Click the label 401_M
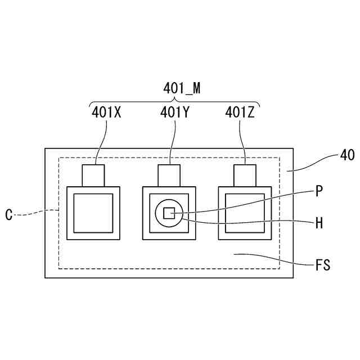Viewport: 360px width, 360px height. coord(182,88)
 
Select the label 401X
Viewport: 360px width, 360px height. coord(106,112)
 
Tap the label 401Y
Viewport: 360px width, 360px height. coord(174,112)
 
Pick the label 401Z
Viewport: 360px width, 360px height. coord(240,112)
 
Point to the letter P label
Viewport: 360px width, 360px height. coord(319,191)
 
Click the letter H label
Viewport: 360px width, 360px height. coord(319,223)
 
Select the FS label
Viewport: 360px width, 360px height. coord(323,264)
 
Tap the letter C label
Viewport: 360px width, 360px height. coord(9,214)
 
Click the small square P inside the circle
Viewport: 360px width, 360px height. coord(169,213)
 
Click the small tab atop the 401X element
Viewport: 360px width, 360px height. coord(93,175)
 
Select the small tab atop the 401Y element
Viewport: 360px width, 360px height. coord(169,175)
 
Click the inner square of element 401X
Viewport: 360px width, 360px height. coord(93,213)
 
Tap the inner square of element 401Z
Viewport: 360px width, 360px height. coord(244,213)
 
